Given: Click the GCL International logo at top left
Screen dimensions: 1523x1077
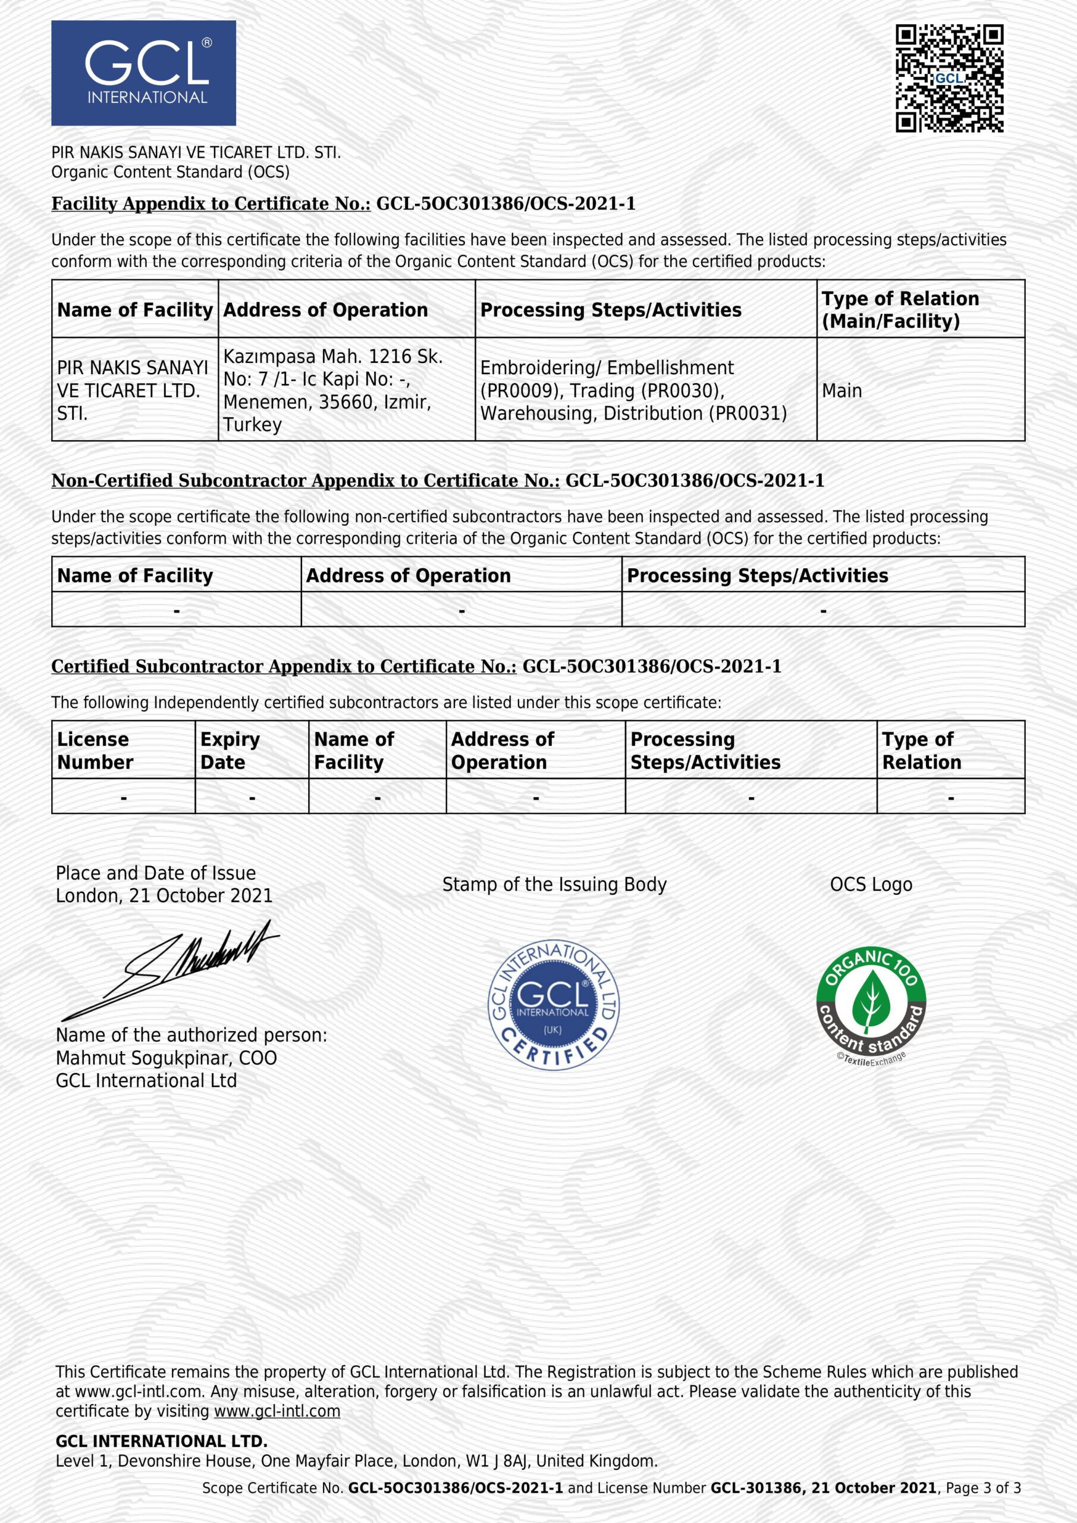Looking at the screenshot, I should pos(143,73).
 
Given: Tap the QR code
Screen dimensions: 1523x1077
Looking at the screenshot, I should pos(949,79).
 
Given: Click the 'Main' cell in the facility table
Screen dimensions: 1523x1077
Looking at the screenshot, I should pos(841,391).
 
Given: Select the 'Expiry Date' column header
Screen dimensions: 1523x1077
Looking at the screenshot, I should pos(230,750).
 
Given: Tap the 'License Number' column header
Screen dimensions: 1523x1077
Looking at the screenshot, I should pos(94,750).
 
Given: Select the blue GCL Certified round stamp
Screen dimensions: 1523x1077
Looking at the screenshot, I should pos(553,1005).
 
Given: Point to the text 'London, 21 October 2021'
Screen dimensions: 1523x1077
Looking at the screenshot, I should pos(164,895).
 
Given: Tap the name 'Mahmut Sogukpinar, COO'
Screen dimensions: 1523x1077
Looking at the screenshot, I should pos(166,1058).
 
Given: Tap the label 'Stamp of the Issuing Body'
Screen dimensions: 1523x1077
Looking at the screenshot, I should pos(554,884).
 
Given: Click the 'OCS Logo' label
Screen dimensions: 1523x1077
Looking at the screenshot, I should pos(871,884).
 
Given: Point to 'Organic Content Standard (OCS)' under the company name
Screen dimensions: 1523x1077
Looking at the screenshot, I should pos(171,172).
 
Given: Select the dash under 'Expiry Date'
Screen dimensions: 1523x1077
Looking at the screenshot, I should pos(252,798).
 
